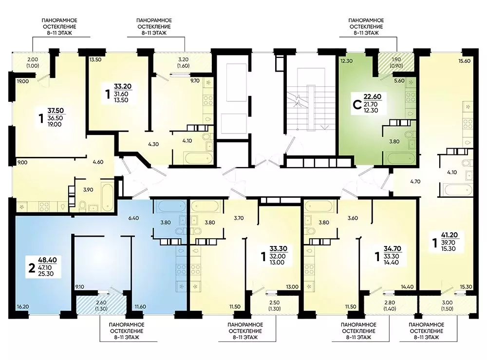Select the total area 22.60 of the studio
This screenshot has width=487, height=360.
point(373,96)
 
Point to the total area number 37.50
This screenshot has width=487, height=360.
point(56,111)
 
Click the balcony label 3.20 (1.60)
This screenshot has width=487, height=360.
point(184,62)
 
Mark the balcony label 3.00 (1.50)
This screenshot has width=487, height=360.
point(447,305)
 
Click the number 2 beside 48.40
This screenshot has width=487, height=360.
point(32,268)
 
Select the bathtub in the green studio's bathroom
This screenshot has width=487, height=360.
point(401,158)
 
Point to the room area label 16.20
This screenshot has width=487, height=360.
point(23,306)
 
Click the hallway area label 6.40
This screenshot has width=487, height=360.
point(133,218)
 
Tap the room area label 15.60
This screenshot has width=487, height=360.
point(464,61)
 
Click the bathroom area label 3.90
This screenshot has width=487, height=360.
point(88,190)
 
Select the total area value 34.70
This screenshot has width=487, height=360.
point(393,249)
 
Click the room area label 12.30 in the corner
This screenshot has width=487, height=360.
point(346,61)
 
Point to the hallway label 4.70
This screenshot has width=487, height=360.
point(415,181)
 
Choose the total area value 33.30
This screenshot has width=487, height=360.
point(279,249)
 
